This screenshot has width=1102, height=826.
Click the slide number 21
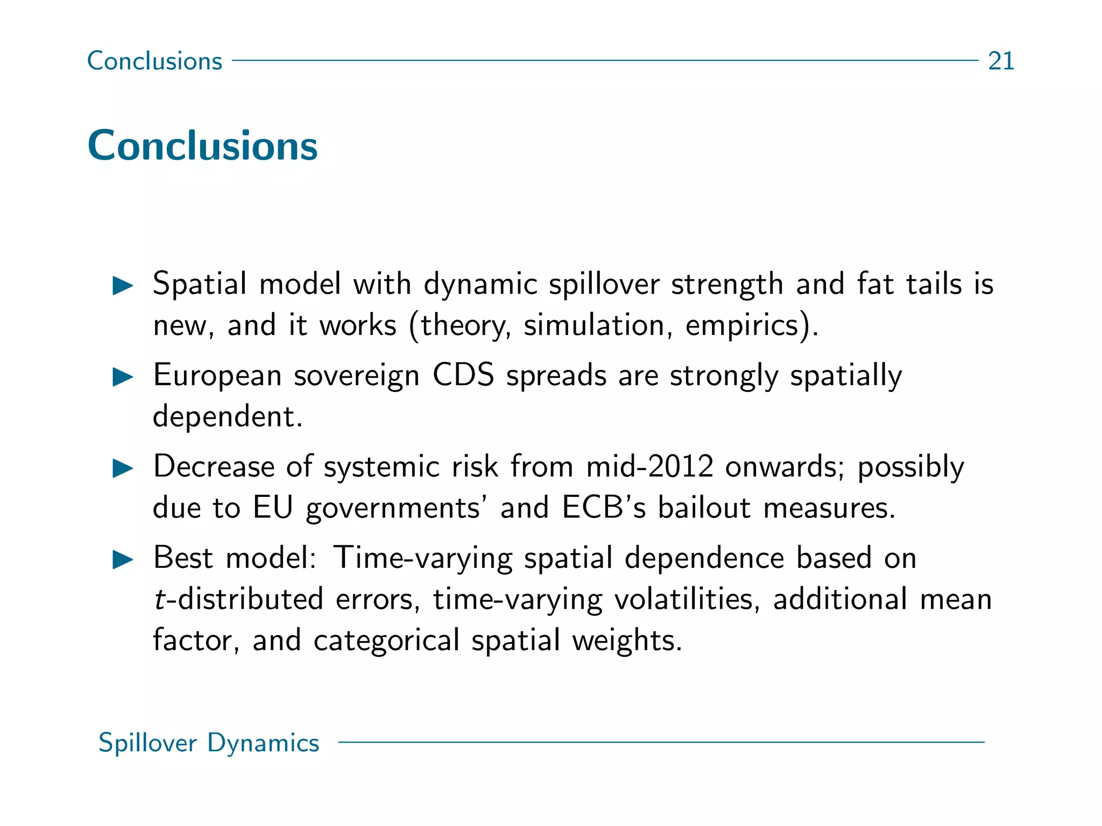pyautogui.click(x=1001, y=61)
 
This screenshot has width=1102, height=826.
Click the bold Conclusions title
pyautogui.click(x=202, y=146)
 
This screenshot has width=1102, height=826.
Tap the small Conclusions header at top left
pyautogui.click(x=154, y=61)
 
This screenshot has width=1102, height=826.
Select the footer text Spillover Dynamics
pyautogui.click(x=209, y=743)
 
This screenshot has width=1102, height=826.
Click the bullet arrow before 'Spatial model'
pyautogui.click(x=123, y=286)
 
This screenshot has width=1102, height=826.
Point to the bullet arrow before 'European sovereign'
pyautogui.click(x=123, y=377)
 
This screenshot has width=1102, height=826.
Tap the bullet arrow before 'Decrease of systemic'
pyautogui.click(x=123, y=468)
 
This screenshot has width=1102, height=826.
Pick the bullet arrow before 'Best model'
pyautogui.click(x=123, y=560)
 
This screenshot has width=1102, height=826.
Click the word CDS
pyautogui.click(x=463, y=375)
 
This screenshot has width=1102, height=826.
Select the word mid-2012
pyautogui.click(x=649, y=466)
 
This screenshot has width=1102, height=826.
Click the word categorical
pyautogui.click(x=386, y=640)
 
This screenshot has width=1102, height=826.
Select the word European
pyautogui.click(x=217, y=376)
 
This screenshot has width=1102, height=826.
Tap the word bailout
pyautogui.click(x=704, y=508)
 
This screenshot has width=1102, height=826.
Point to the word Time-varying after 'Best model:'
pyautogui.click(x=422, y=558)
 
